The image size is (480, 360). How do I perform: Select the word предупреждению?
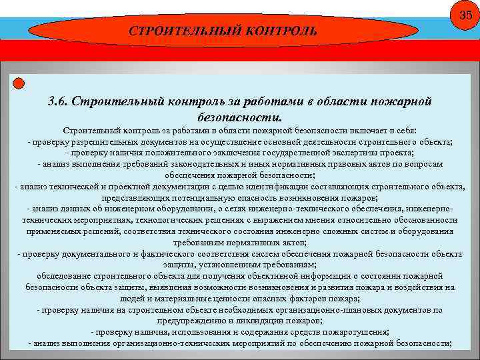(195, 321)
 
